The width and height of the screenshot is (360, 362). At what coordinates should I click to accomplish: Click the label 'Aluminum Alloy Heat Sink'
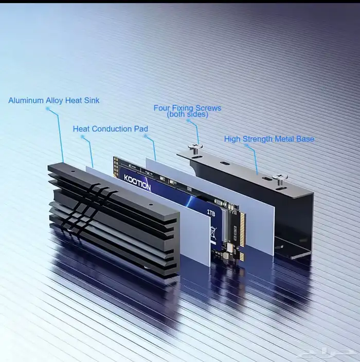click(x=53, y=100)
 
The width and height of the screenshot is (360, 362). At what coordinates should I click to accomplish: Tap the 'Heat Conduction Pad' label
click(x=110, y=129)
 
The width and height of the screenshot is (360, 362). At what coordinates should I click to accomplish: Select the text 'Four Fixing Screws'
click(x=187, y=108)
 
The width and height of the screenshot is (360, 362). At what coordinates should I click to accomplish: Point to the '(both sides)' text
click(x=187, y=115)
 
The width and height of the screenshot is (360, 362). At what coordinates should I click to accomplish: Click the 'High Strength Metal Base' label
click(x=269, y=139)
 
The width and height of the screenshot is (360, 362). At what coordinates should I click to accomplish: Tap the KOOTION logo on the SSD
click(x=137, y=183)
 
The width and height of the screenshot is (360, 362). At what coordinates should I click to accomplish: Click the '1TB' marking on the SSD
click(x=211, y=211)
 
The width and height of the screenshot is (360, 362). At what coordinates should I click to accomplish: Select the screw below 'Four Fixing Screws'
click(x=195, y=149)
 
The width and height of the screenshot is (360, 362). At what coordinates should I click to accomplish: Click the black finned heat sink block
click(x=113, y=221)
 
